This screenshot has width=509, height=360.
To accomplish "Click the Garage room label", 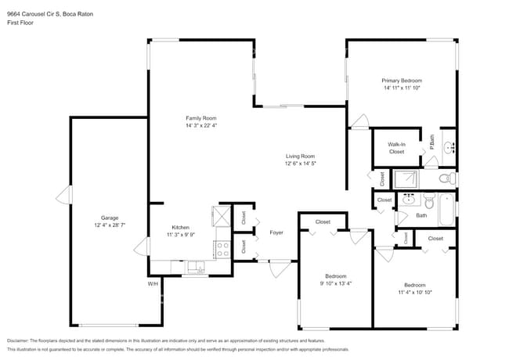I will pos(109,218).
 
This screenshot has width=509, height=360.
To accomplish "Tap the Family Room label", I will pos(200,117).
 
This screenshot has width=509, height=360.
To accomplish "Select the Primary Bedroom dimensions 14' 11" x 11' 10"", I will pos(402,88).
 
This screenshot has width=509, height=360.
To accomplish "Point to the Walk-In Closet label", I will pos(397,148).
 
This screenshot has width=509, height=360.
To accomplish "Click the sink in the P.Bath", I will pos(449,147).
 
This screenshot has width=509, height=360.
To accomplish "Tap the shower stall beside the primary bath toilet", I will pos(406,179).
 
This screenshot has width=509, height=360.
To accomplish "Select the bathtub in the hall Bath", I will pos(445,209).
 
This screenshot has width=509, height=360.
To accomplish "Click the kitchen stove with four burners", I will pos(222,249).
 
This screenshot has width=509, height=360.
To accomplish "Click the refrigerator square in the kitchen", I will pos(220,214).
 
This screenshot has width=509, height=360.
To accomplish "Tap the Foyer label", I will pos(276,232).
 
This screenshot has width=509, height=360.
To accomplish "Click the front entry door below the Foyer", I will pos(276,268).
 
